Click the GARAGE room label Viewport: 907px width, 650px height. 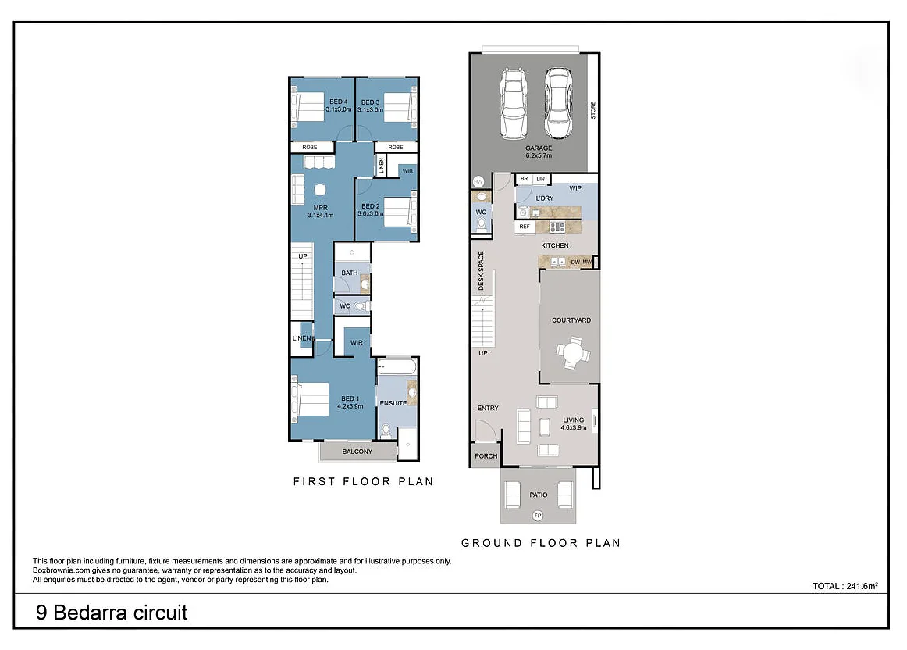click(x=538, y=148)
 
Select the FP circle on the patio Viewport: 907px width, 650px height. click(x=537, y=516)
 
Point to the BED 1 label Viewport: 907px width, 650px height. click(x=350, y=398)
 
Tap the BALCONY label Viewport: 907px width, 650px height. click(x=357, y=452)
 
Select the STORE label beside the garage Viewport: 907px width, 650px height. click(x=593, y=110)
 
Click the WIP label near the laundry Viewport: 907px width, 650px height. click(x=575, y=188)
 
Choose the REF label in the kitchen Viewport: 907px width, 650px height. click(x=525, y=227)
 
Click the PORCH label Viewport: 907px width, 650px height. click(x=486, y=456)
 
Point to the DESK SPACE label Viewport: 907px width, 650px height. click(x=482, y=271)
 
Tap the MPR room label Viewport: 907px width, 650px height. click(x=319, y=207)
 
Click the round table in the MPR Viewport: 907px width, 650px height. click(x=319, y=188)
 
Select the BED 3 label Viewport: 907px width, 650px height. click(x=370, y=102)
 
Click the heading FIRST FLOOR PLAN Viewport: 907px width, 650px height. click(x=363, y=481)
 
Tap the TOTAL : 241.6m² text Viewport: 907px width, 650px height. click(x=845, y=585)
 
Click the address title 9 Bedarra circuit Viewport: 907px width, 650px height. click(x=112, y=612)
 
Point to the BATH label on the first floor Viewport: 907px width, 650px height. click(x=349, y=273)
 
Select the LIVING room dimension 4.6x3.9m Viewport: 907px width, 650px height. click(x=573, y=427)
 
